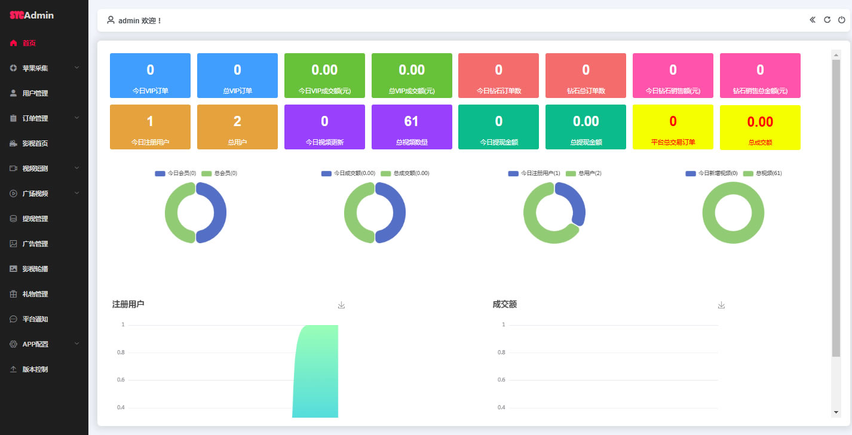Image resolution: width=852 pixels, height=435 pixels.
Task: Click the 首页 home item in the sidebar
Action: tap(29, 43)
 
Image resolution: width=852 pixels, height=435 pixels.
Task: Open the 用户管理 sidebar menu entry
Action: tap(35, 93)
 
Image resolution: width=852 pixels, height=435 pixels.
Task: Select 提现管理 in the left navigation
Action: tap(35, 219)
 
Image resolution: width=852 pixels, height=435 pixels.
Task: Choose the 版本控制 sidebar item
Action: tap(35, 369)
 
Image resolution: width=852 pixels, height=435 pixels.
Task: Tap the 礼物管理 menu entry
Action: tap(35, 294)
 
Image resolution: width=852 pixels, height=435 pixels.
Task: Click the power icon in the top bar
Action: tap(841, 20)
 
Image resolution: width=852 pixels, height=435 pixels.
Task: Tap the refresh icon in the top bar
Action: tap(827, 20)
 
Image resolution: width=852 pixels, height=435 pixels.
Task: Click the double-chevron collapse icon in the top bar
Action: tap(813, 20)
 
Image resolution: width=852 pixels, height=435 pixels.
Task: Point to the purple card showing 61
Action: tap(412, 127)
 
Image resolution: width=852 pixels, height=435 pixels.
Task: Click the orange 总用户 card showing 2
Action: tap(237, 127)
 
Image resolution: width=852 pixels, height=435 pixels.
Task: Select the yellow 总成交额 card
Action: tap(760, 127)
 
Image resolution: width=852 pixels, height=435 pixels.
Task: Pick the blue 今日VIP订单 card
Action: tap(150, 75)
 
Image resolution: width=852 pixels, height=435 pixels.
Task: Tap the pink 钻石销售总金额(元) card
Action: tap(760, 75)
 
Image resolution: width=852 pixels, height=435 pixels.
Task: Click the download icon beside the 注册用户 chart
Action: tap(341, 305)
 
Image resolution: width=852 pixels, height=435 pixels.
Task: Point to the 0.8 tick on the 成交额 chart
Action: tap(501, 353)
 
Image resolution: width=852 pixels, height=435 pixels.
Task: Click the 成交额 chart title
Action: tap(504, 304)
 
